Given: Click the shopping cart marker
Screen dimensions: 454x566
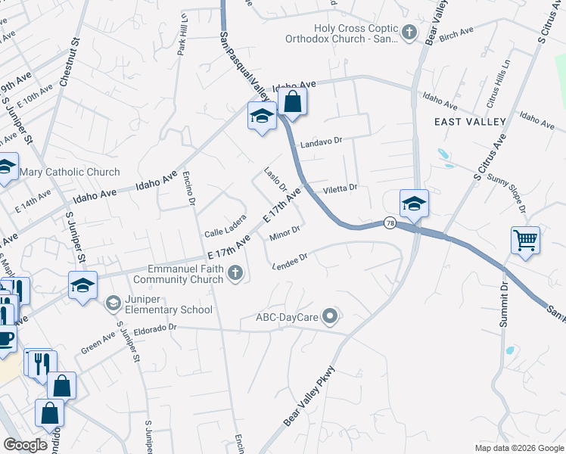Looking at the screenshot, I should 525,241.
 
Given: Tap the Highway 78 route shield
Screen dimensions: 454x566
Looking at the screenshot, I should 390,222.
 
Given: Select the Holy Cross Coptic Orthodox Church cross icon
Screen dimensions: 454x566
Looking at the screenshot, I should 409,32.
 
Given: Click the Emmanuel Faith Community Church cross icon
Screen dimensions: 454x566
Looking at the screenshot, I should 236,273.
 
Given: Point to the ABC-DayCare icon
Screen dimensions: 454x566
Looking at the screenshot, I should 329,315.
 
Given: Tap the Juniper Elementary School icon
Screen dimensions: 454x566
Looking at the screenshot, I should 114,303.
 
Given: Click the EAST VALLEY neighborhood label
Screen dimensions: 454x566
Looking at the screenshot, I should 470,122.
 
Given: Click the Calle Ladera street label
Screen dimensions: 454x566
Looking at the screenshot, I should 225,228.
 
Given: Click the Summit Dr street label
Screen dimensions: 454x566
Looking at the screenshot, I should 503,304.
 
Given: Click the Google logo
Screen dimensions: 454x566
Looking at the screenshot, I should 26,445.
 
